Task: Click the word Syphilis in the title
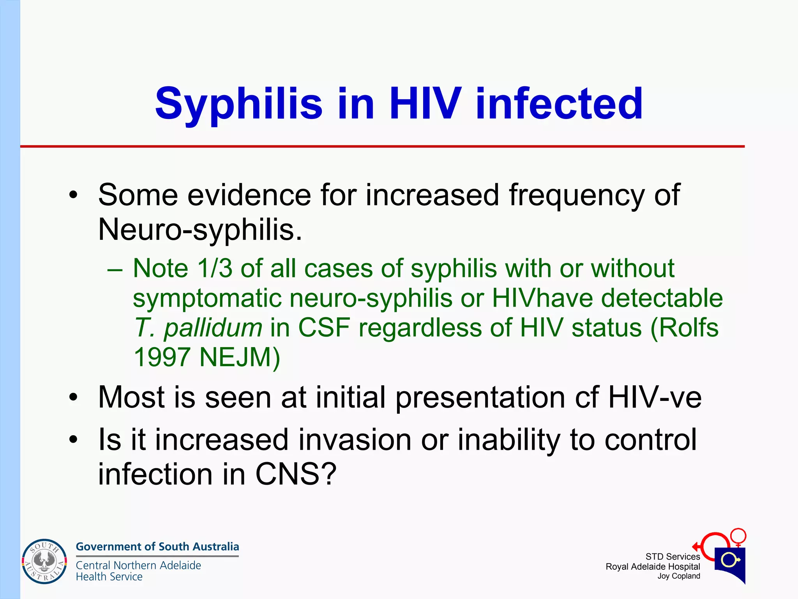pyautogui.click(x=238, y=104)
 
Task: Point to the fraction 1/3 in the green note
pyautogui.click(x=215, y=268)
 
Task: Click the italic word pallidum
pyautogui.click(x=213, y=327)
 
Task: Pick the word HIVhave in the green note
pyautogui.click(x=542, y=298)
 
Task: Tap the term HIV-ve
pyautogui.click(x=655, y=397)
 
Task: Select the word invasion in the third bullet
pyautogui.click(x=355, y=440)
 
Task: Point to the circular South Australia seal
pyautogui.click(x=44, y=562)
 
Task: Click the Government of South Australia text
pyautogui.click(x=157, y=546)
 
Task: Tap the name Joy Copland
pyautogui.click(x=679, y=576)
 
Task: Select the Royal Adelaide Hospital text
pyautogui.click(x=653, y=567)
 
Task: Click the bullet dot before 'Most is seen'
pyautogui.click(x=73, y=398)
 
